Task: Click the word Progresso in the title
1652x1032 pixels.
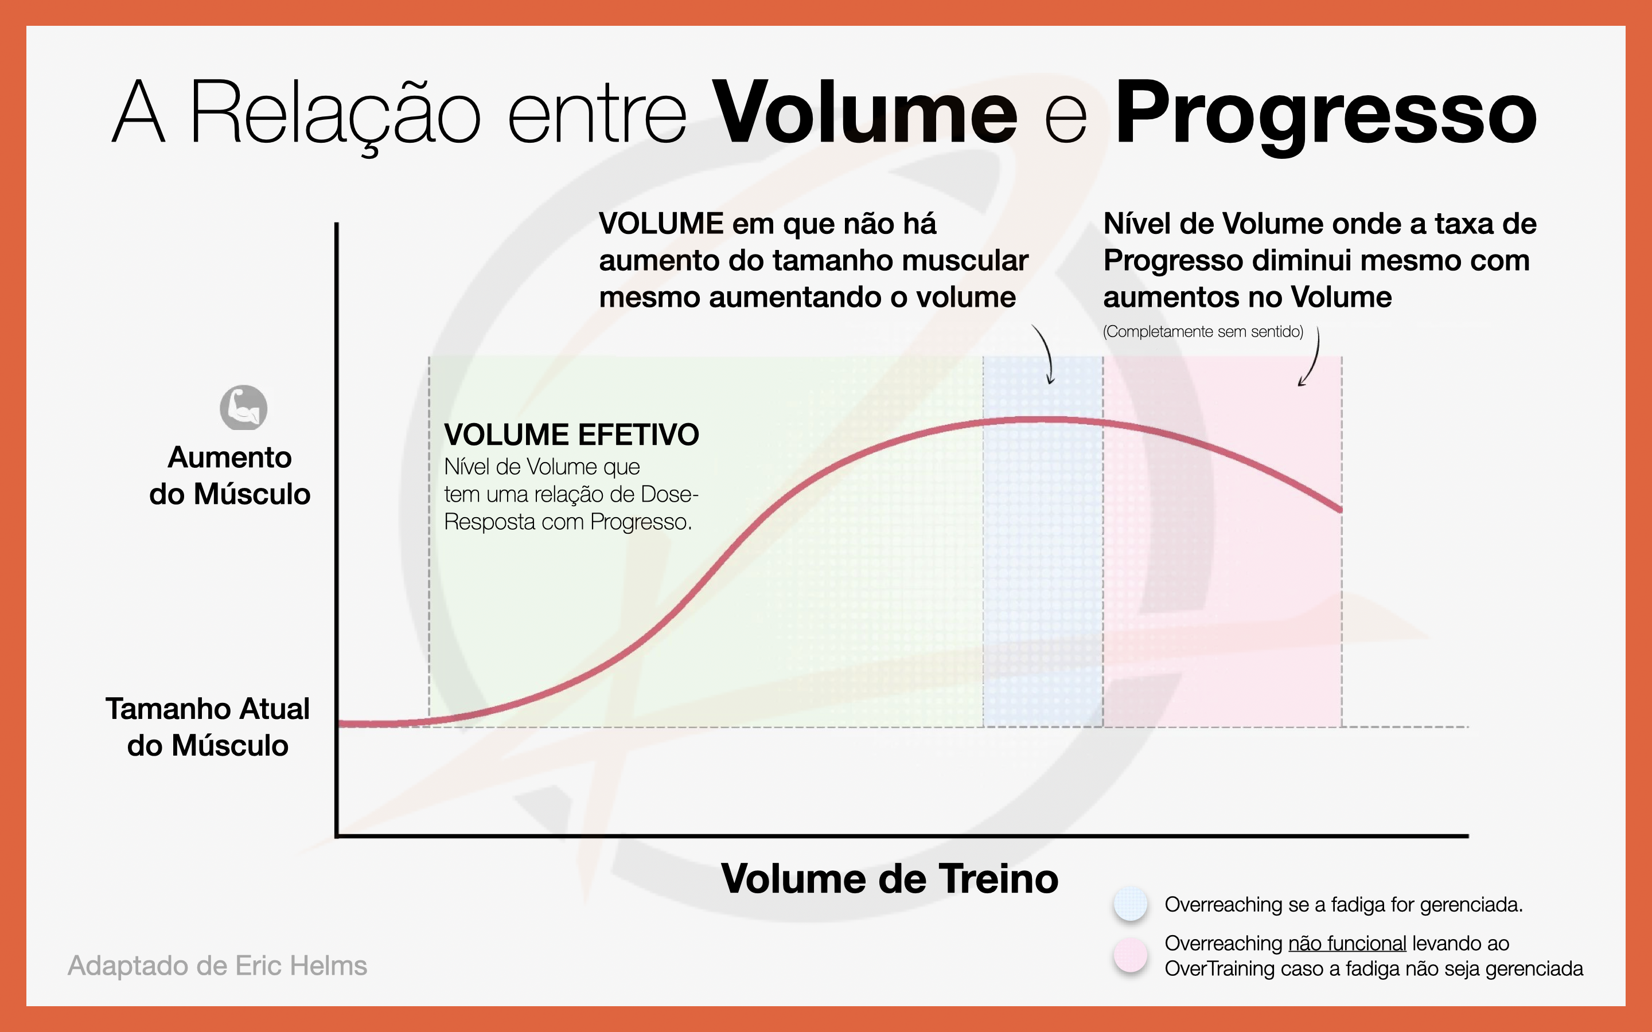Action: pos(1326,116)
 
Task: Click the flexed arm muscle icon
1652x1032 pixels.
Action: pos(243,408)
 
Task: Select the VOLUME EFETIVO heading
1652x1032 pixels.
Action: pos(571,435)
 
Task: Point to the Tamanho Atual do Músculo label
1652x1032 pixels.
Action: pos(208,727)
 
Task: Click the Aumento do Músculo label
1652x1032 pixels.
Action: pos(230,475)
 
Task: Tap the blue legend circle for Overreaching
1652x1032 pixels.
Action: pos(1131,904)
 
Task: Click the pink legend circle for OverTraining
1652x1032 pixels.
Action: pos(1131,955)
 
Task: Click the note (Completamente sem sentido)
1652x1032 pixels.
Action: pos(1203,332)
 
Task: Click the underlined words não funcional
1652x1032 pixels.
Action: pos(1347,943)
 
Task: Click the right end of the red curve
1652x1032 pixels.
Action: pos(1341,509)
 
